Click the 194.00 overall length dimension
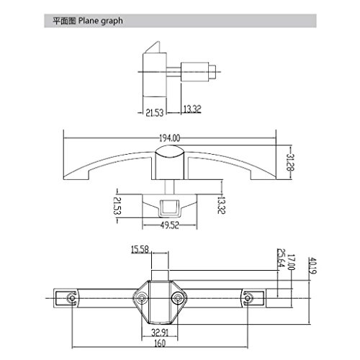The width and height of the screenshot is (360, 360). (x=170, y=138)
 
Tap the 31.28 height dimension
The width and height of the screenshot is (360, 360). (x=290, y=162)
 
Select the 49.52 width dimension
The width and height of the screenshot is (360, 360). (x=170, y=225)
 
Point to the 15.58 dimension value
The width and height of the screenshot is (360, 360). (x=140, y=250)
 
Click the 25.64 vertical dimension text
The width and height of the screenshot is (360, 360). (x=281, y=258)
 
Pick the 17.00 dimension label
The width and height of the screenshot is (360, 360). (x=291, y=262)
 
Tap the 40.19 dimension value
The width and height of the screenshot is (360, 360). (x=312, y=266)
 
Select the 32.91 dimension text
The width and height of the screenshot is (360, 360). (x=160, y=333)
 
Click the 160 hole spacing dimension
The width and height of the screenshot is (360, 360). (x=160, y=343)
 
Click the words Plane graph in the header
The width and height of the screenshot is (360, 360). (x=101, y=21)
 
